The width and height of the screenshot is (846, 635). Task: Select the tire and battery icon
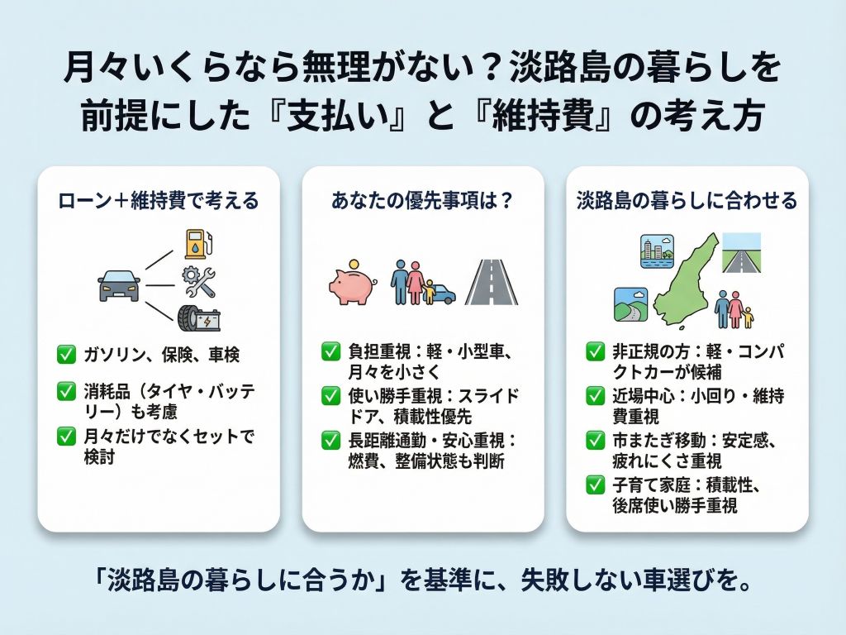[x=198, y=317]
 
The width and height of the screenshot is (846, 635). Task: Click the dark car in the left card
[x=118, y=284]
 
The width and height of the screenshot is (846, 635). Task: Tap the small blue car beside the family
[x=441, y=293]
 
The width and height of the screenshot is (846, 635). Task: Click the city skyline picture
[x=658, y=250]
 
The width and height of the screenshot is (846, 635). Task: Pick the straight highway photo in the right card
[x=740, y=251]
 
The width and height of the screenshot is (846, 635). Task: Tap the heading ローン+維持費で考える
[x=159, y=200]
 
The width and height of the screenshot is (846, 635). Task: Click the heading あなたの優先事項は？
[x=422, y=200]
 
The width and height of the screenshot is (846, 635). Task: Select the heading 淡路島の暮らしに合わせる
[x=687, y=200]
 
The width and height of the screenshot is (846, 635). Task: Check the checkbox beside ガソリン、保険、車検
[x=66, y=356]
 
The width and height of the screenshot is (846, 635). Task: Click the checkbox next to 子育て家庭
[x=595, y=485]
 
